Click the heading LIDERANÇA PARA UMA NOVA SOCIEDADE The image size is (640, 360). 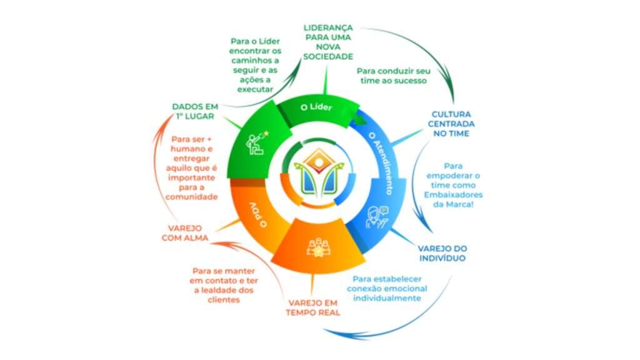tap(328, 42)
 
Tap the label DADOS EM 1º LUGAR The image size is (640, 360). tap(195, 111)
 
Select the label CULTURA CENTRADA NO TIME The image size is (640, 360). tap(451, 124)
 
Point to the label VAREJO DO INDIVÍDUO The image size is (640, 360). tap(442, 253)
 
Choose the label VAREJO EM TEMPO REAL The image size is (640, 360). tap(312, 307)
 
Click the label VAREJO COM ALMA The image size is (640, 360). tap(185, 233)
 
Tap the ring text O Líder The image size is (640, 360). tap(316, 107)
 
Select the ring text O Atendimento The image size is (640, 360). tap(381, 163)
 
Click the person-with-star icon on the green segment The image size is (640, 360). tap(257, 142)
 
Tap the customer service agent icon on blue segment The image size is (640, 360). tap(377, 217)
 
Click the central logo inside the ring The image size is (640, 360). tap(319, 171)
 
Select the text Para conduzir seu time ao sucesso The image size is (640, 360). tap(394, 76)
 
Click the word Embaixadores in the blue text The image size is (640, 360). tap(453, 195)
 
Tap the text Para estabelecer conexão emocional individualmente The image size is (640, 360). tap(387, 289)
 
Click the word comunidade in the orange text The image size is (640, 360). tap(191, 197)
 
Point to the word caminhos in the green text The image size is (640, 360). tap(255, 61)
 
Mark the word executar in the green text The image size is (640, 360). tap(255, 89)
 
